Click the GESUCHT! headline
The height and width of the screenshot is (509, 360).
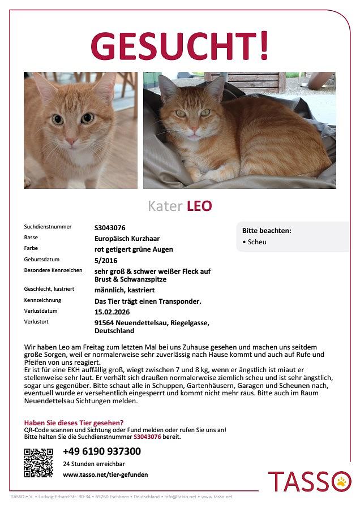pyautogui.click(x=179, y=46)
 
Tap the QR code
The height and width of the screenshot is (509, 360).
pyautogui.click(x=38, y=463)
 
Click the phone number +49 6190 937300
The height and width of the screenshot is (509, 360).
pyautogui.click(x=102, y=451)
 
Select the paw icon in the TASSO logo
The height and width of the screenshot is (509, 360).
pyautogui.click(x=341, y=481)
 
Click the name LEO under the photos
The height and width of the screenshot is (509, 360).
pyautogui.click(x=199, y=206)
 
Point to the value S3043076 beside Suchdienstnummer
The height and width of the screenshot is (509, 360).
pyautogui.click(x=110, y=227)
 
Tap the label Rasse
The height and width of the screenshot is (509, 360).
pyautogui.click(x=31, y=238)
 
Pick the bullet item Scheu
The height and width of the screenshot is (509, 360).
pyautogui.click(x=256, y=242)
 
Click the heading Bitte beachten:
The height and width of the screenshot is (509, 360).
pyautogui.click(x=267, y=231)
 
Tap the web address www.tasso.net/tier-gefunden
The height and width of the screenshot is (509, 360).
pyautogui.click(x=105, y=475)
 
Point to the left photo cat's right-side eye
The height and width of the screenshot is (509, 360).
pyautogui.click(x=87, y=118)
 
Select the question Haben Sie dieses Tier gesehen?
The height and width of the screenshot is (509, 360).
pyautogui.click(x=74, y=422)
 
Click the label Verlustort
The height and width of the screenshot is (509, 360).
pyautogui.click(x=36, y=322)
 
